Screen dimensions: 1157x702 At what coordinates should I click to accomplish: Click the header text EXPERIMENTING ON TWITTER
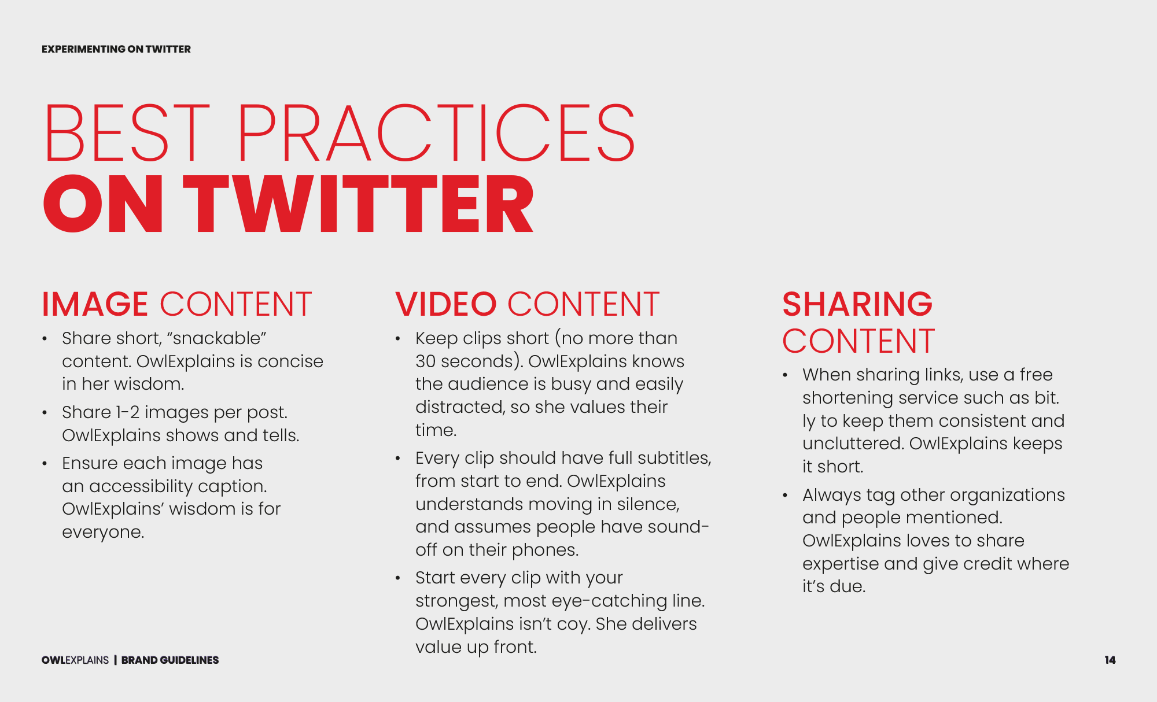116,49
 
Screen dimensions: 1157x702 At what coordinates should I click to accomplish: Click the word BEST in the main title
127,133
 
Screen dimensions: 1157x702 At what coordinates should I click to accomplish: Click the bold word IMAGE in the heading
95,304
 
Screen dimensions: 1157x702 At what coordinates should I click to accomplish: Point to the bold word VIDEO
446,304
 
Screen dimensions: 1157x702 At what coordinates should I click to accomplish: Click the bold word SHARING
857,304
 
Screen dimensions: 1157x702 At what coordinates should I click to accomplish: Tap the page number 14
1110,660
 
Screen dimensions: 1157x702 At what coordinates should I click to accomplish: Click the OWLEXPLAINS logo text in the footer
75,660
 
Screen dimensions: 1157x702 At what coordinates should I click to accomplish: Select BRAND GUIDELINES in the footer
170,660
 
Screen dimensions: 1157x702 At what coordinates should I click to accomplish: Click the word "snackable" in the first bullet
216,338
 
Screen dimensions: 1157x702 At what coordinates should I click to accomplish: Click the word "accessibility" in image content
141,486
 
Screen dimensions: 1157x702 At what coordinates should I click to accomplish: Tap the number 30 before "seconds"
425,361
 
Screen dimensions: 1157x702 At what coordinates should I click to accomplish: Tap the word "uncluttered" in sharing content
853,444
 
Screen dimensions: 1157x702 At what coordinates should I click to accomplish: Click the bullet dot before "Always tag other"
785,496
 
